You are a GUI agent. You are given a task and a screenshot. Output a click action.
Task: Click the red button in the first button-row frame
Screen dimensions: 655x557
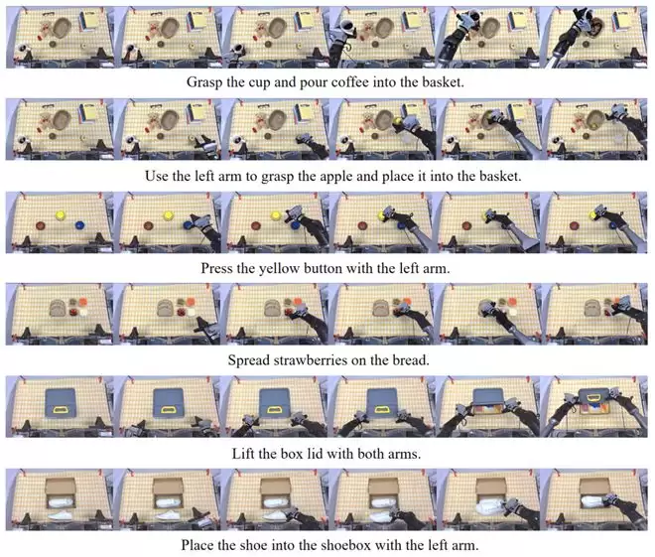pos(41,225)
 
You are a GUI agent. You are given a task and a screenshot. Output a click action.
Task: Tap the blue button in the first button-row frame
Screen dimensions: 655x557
pos(79,225)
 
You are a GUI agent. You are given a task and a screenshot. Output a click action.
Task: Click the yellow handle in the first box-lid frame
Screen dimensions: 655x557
pos(61,410)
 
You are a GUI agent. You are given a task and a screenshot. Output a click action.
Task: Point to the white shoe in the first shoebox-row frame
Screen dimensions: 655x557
pos(61,515)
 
